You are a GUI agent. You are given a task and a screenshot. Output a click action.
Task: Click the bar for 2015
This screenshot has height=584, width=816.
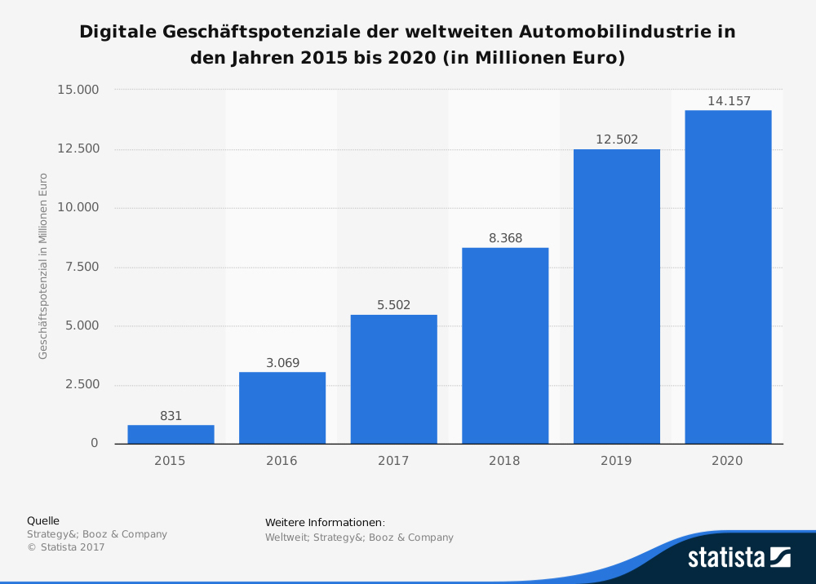coord(171,434)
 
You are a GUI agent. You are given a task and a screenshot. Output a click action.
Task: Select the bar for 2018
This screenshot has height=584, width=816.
coord(505,346)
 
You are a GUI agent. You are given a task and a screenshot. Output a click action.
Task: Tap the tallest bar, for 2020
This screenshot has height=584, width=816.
coord(728,277)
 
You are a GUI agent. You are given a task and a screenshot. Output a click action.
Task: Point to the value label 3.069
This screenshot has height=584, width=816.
coord(282,362)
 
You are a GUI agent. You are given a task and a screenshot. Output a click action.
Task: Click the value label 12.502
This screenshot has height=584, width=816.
coord(617,139)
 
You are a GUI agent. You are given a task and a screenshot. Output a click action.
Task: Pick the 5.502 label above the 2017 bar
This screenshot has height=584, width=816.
coord(393,305)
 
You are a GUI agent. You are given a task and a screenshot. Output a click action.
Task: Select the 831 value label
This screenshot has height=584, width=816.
coord(171,416)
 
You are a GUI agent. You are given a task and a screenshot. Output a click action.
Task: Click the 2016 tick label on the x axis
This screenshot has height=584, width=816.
coord(282,461)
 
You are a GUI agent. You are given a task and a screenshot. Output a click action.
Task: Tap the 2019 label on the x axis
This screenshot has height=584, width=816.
coord(616,461)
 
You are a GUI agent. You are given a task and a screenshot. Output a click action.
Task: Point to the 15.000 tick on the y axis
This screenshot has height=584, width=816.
coord(78,90)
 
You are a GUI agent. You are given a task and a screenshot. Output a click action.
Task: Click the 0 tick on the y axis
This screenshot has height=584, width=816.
coord(94,444)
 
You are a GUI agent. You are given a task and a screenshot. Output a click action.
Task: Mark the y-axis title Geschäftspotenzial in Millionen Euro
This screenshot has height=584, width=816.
coord(43,266)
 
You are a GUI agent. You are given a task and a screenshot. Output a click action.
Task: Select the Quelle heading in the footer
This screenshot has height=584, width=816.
coord(43,520)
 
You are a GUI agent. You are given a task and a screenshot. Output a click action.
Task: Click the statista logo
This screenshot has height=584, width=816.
coord(738,557)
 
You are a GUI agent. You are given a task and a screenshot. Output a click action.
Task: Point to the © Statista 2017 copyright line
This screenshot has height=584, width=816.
coord(66,547)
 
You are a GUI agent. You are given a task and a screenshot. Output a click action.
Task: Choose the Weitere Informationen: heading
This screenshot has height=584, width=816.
coord(325,523)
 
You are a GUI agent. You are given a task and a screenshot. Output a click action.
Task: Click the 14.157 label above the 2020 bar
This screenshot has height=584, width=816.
coord(729,101)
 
